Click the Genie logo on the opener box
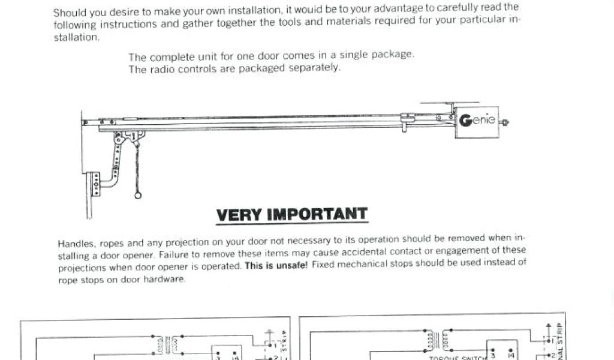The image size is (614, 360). (x=477, y=121)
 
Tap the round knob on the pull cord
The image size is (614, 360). (x=138, y=195)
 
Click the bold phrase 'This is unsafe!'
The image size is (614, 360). (x=276, y=265)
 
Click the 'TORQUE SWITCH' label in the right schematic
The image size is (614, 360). (x=452, y=358)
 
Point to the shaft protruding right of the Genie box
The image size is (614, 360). (x=505, y=122)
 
